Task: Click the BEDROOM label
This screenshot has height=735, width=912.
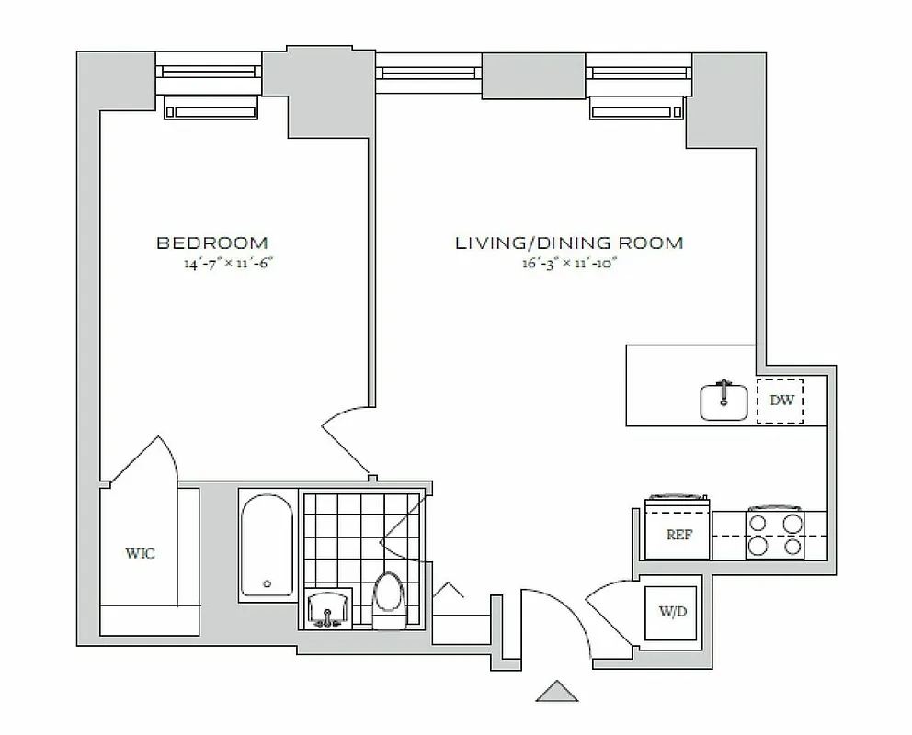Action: (212, 243)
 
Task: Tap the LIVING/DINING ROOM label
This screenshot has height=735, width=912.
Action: (569, 243)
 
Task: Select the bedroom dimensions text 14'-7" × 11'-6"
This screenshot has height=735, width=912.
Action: (230, 264)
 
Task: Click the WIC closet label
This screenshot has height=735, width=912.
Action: (140, 553)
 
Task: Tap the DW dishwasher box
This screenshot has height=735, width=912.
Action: (780, 401)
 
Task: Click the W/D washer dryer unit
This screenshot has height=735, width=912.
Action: (673, 612)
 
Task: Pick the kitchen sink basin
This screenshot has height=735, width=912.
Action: (724, 401)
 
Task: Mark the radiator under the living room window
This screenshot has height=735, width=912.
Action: (638, 109)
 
